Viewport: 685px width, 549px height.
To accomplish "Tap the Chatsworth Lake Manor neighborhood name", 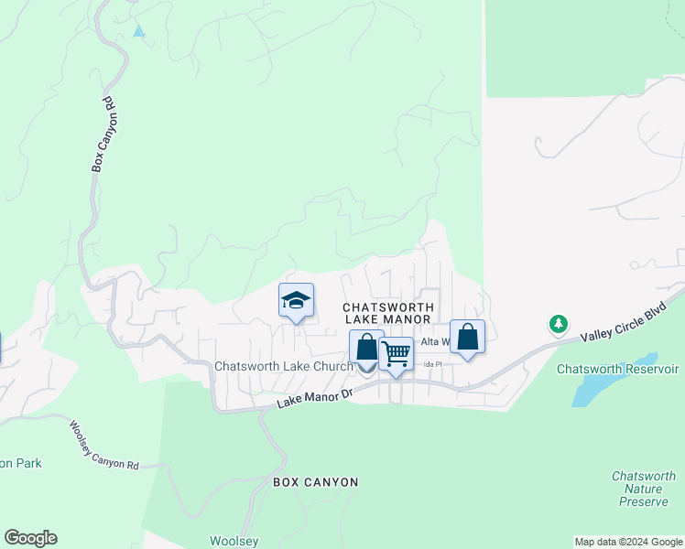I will [387, 313].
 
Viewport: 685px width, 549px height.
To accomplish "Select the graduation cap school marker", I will [296, 300].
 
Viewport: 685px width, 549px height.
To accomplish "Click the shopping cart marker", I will [396, 354].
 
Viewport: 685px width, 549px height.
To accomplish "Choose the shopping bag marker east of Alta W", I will [467, 338].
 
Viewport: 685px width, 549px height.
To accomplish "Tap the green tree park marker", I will [558, 324].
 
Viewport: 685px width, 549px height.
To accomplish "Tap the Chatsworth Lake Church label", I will [283, 366].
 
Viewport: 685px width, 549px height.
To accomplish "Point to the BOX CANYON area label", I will [315, 482].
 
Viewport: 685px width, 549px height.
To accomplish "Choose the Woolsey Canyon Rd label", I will [103, 445].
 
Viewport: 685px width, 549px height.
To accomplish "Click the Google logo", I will [30, 538].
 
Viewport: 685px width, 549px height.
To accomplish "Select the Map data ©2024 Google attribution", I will [628, 542].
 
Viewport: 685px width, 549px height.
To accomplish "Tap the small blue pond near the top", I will [138, 31].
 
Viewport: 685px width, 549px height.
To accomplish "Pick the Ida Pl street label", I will [432, 364].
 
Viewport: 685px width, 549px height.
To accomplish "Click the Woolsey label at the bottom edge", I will [234, 541].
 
